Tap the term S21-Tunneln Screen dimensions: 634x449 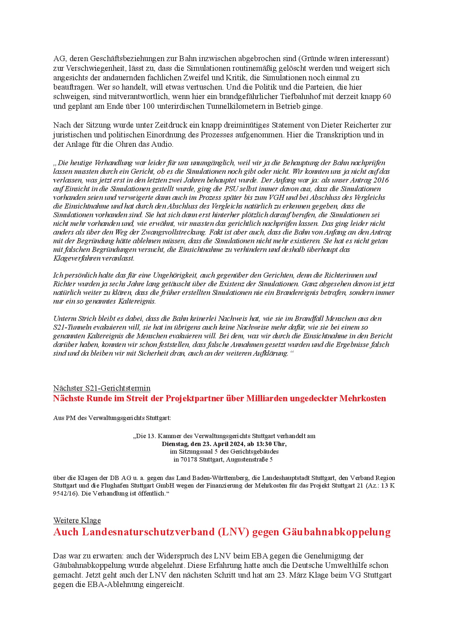pyautogui.click(x=72, y=327)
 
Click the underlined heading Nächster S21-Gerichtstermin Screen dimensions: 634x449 pyautogui.click(x=102, y=388)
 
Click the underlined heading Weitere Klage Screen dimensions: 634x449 pyautogui.click(x=77, y=521)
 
